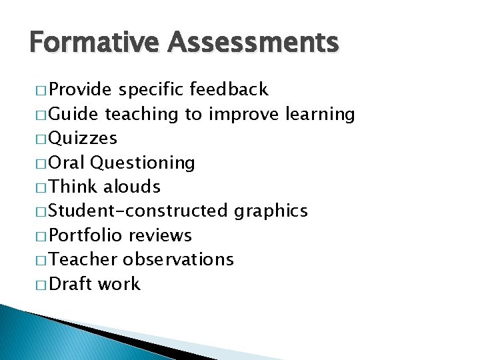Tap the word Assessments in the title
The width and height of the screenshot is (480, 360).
pos(253,43)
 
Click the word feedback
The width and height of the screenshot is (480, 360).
pos(229,89)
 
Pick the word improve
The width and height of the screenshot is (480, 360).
pos(244,114)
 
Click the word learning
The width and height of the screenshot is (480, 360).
pos(320,114)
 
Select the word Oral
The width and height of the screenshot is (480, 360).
pos(67,163)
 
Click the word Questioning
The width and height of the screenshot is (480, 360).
pos(142,163)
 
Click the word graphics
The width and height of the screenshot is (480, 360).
pos(271,211)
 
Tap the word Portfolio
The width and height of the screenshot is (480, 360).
pos(86,235)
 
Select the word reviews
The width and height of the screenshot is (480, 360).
pos(160,235)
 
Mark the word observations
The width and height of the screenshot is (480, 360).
pos(179,259)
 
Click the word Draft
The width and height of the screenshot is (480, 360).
pos(71,284)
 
